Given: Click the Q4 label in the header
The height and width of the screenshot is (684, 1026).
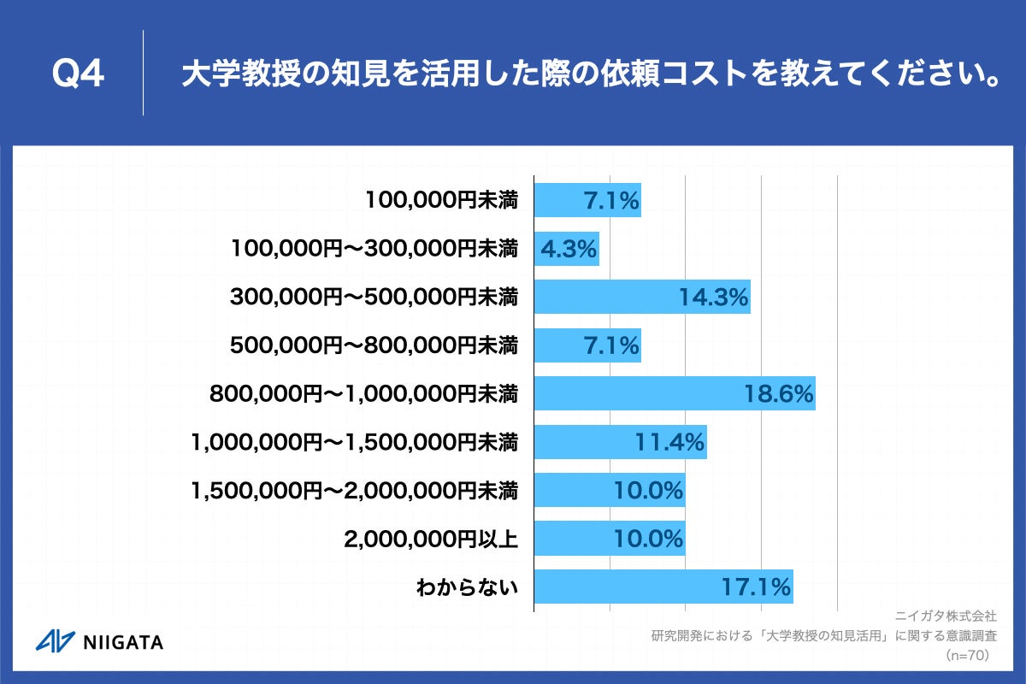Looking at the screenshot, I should (x=79, y=75).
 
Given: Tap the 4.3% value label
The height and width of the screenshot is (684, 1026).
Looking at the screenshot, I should (x=568, y=250).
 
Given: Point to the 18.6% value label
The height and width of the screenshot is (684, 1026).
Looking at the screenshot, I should (x=778, y=394).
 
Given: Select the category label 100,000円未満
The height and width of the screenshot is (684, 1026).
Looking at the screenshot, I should (x=441, y=201).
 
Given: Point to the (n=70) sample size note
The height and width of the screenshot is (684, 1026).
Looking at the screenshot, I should (x=967, y=655).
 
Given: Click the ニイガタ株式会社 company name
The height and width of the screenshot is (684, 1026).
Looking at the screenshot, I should (x=946, y=616).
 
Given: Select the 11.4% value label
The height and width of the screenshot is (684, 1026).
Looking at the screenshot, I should (x=669, y=442).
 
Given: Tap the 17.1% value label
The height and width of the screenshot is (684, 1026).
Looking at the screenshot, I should (x=756, y=587).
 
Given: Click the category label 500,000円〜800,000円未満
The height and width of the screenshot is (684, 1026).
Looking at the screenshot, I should (x=374, y=345).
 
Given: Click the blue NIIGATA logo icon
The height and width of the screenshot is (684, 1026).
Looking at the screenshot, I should (x=55, y=641).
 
